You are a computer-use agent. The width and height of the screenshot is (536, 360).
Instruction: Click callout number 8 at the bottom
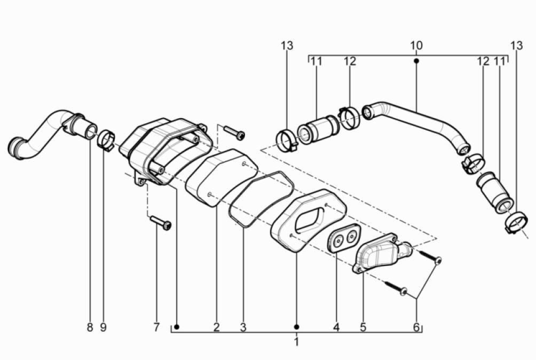90,327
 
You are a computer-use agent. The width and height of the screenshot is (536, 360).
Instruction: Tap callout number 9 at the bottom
103,327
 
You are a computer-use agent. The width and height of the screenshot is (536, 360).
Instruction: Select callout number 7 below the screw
156,327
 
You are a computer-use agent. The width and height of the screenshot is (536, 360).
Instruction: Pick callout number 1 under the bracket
296,341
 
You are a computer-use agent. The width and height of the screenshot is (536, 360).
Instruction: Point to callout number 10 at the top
416,46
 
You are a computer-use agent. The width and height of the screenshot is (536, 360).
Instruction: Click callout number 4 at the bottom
336,327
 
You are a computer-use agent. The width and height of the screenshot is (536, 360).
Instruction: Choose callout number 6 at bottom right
416,327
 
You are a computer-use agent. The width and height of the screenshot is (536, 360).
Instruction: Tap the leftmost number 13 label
287,46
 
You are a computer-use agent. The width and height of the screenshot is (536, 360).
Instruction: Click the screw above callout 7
160,222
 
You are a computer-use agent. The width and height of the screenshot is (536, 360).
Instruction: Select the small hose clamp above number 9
106,140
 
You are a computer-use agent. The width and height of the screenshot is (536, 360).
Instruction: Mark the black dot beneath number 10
416,61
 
